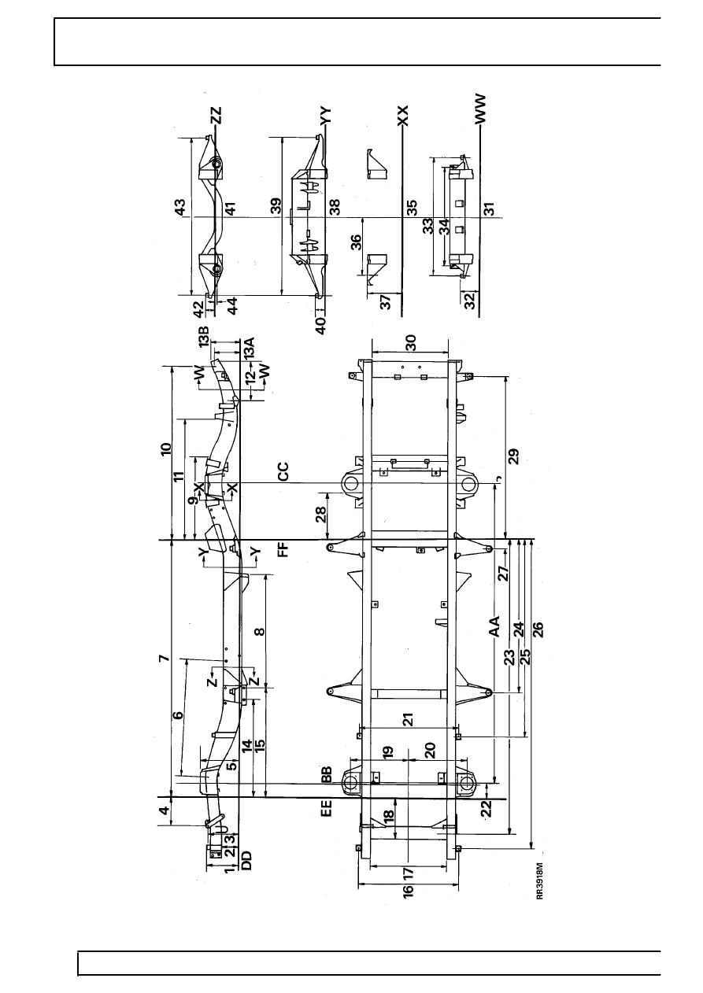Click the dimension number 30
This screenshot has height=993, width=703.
tap(409, 343)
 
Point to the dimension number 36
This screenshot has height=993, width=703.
tap(356, 242)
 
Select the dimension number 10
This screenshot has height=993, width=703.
tap(165, 450)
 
